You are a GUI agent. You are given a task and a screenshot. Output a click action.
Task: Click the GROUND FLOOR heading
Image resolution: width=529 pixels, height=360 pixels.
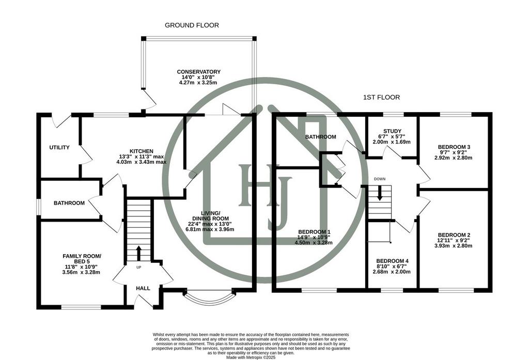pos(192,25)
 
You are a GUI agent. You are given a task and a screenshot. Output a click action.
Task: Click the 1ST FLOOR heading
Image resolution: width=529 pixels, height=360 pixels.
pos(381,98)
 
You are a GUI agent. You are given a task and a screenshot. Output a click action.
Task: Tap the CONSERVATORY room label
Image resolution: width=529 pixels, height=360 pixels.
pos(199,72)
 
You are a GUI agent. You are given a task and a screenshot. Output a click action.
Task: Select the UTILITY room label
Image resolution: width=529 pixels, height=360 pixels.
pos(59,147)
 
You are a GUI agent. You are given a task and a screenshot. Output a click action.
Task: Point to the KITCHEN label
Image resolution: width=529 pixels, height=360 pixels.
pos(142,151)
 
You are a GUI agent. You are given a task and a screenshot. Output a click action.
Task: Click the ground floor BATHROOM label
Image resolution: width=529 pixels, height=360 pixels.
pos(69,203)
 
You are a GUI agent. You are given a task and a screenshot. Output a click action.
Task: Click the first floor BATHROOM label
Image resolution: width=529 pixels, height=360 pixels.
pos(320,137)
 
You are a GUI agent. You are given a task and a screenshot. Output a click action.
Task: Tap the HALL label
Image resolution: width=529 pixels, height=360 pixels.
pos(143,289)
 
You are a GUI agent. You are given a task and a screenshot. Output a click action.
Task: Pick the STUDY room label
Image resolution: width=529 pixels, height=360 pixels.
pos(393,131)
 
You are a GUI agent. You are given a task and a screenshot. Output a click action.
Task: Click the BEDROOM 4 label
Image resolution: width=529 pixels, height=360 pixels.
pos(393,261)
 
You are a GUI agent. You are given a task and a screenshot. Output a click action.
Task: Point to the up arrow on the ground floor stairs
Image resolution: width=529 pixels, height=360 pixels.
pos(138,253)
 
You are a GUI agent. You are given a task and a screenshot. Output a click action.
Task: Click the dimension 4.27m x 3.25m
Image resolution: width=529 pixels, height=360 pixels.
pos(198,83)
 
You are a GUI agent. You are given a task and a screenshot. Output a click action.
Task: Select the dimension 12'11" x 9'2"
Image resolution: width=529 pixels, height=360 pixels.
pos(455,241)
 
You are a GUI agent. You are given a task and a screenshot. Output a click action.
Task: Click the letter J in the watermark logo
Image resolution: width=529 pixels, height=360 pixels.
pos(278,204)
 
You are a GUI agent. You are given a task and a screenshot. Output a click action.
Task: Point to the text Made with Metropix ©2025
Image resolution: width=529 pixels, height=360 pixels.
pos(251,357)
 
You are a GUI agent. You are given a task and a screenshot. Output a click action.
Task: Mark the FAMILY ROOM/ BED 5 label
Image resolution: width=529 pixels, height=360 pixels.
pos(82,259)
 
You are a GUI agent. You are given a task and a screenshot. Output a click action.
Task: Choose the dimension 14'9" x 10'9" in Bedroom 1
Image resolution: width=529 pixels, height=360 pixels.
pos(314,237)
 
